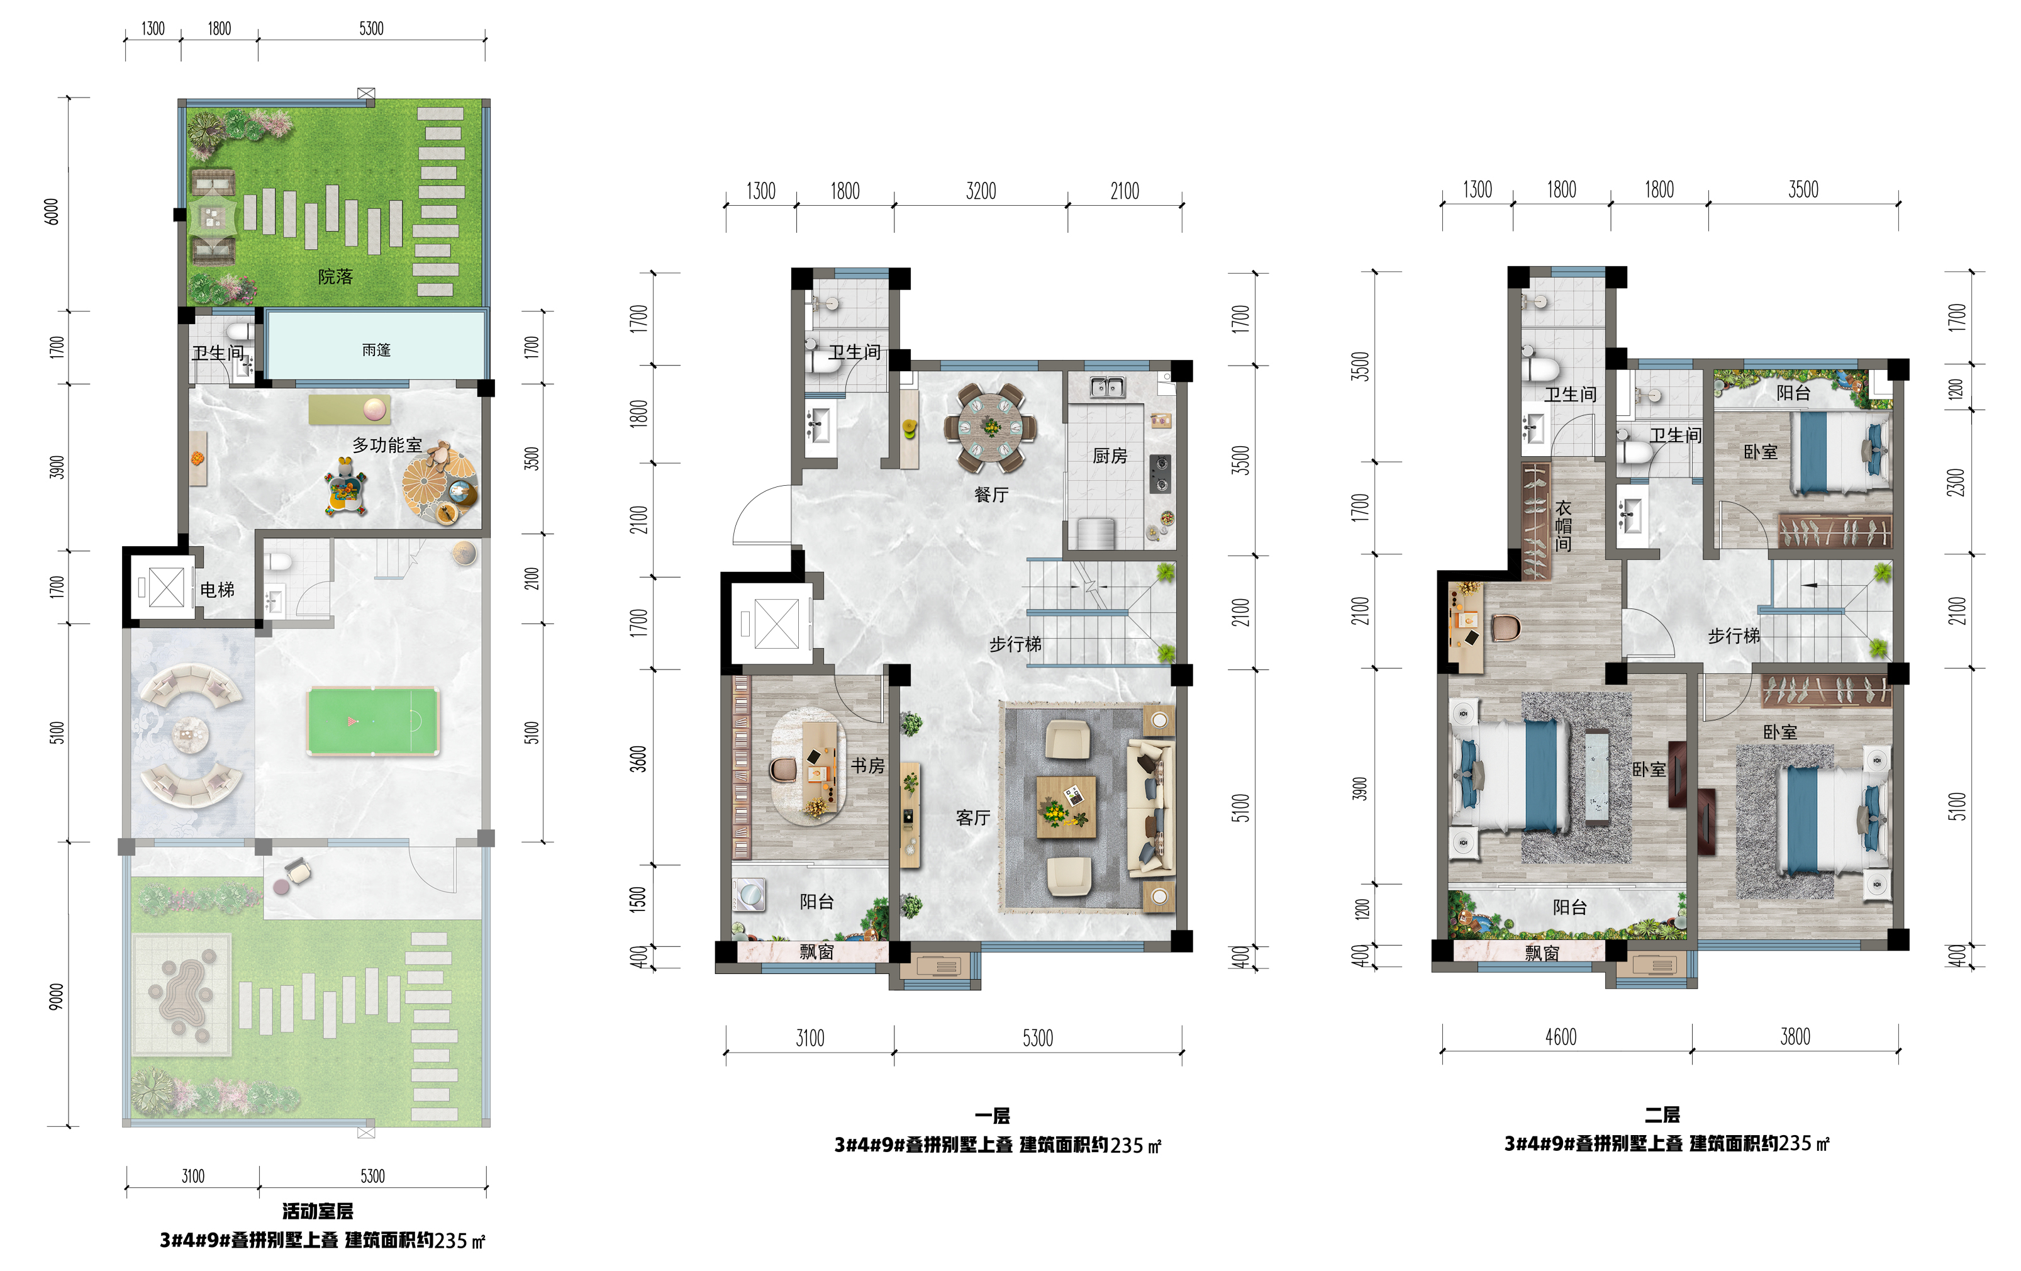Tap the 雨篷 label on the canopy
[x=376, y=350]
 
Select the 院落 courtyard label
[x=335, y=276]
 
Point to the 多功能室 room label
[x=387, y=445]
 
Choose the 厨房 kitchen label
[x=1110, y=455]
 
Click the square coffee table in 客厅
[x=1066, y=807]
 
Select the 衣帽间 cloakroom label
[x=1562, y=527]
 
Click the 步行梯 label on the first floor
[x=1016, y=644]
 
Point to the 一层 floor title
[x=992, y=1116]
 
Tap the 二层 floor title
[x=1662, y=1114]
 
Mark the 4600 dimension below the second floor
[x=1561, y=1037]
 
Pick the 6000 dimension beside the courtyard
[x=52, y=211]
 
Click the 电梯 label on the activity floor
[x=218, y=590]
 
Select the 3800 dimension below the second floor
[x=1795, y=1037]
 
